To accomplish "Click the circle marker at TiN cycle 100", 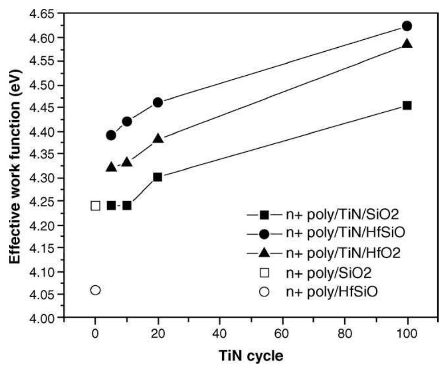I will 407,26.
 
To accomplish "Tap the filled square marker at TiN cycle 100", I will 407,105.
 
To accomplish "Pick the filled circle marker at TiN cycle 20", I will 158,103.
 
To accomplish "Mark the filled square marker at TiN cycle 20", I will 158,177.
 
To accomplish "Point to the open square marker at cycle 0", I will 95,206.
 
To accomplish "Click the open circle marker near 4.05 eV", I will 95,290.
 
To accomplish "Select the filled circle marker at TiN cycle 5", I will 111,135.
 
